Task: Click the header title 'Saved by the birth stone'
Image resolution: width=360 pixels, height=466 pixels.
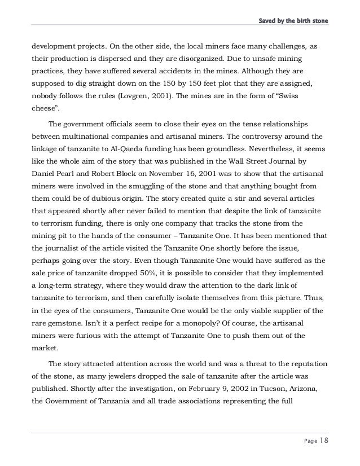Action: (293, 21)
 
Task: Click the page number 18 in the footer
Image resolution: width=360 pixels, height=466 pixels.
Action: (322, 441)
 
